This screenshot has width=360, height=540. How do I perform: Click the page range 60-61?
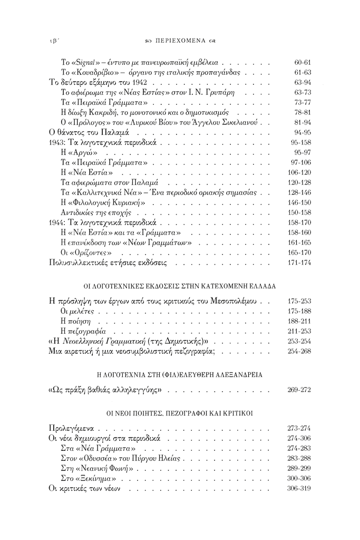303,62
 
